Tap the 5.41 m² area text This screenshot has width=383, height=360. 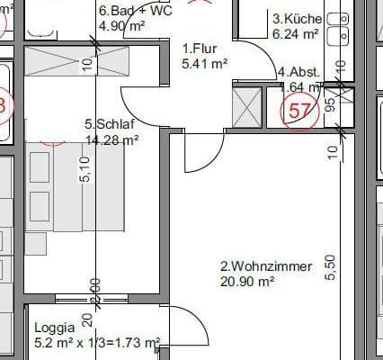tap(205, 64)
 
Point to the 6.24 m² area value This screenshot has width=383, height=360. tap(295, 33)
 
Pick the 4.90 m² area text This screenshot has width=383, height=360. tap(121, 26)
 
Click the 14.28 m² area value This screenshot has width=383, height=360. tap(111, 139)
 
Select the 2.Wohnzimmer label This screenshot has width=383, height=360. tap(266, 266)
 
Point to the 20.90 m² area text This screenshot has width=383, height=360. tap(246, 281)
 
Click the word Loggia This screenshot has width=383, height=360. tap(55, 328)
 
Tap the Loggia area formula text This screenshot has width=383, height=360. tap(97, 343)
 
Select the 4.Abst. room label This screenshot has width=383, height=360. tap(298, 72)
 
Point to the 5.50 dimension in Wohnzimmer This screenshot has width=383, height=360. tap(330, 267)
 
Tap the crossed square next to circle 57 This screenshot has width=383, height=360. tap(245, 107)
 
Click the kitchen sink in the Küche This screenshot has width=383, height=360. tap(339, 32)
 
